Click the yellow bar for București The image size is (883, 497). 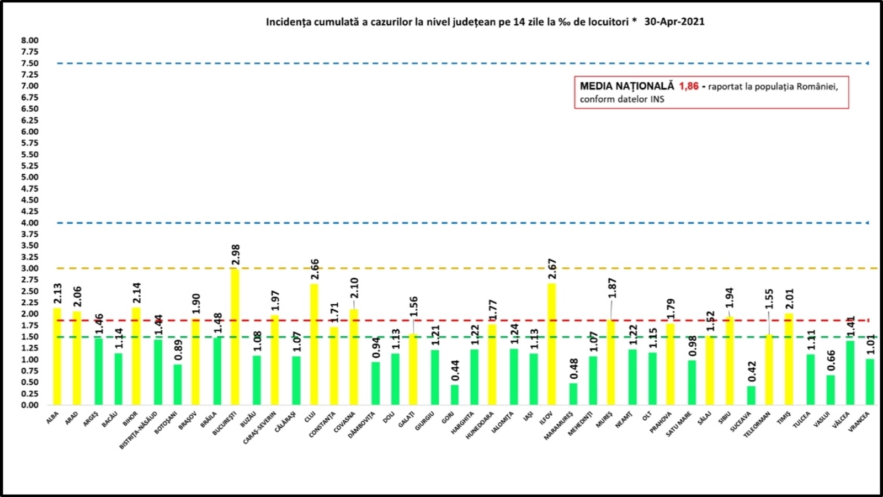235,337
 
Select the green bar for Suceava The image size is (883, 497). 751,395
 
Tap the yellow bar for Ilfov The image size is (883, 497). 551,344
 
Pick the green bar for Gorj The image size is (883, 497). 454,395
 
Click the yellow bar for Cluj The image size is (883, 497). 314,344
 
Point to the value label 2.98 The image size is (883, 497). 236,255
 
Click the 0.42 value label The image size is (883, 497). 752,371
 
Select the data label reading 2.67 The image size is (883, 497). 552,269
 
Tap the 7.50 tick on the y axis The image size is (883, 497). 30,63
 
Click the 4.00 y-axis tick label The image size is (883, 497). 30,223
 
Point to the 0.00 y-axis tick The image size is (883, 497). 30,405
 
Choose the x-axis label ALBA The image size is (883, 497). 53,418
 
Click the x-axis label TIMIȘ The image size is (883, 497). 784,419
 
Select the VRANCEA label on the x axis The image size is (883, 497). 859,422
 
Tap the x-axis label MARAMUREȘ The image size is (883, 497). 558,426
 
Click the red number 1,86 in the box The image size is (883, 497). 689,86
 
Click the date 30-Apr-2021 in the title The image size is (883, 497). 674,22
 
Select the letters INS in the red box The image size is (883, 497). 657,99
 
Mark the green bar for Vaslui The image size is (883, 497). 831,390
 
